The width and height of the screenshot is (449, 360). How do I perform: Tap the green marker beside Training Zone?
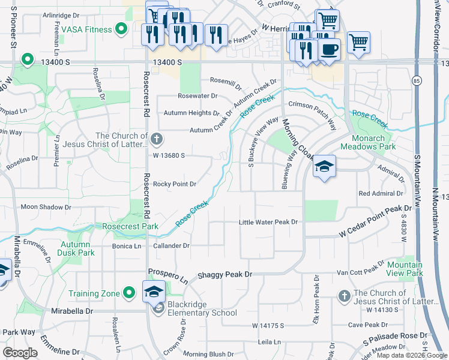[128, 293]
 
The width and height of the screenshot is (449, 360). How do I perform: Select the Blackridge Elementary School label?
[202, 308]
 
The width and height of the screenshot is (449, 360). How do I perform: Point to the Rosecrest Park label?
[130, 227]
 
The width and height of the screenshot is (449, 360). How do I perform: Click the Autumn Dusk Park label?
[77, 248]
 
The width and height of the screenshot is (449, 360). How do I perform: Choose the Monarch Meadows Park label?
[368, 142]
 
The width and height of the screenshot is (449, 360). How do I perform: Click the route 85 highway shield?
[417, 80]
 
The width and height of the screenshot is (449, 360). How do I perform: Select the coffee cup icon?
[330, 49]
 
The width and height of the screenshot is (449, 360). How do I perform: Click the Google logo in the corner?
[20, 353]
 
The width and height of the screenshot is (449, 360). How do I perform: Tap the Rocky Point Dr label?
[175, 184]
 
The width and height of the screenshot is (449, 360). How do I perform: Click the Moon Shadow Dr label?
[46, 207]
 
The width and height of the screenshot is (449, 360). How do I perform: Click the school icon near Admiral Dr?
[324, 166]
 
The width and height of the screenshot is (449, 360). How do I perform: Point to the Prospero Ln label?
[168, 277]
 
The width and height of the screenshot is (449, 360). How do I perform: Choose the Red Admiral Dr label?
[381, 193]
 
